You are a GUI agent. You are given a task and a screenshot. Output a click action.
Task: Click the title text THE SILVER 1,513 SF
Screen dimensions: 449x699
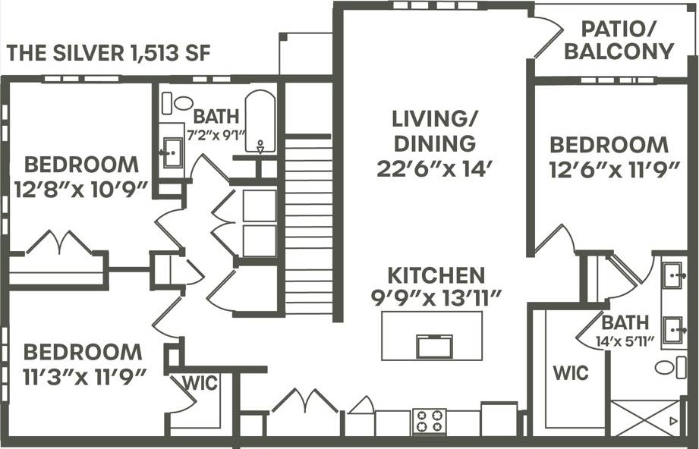[x=109, y=53]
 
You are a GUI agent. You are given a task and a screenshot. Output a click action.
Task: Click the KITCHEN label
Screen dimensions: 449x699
[x=434, y=275]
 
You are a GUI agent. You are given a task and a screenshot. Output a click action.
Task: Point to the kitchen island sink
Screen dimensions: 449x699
[x=434, y=346]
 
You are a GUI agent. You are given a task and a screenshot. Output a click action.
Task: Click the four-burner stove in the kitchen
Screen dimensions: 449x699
[x=429, y=421]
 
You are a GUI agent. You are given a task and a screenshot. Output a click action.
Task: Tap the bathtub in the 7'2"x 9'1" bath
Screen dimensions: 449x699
[x=260, y=121]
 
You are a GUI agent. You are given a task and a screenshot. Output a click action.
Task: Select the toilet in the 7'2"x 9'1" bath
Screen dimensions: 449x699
[x=183, y=102]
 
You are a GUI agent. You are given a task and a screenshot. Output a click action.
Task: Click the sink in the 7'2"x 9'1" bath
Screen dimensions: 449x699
[x=172, y=152]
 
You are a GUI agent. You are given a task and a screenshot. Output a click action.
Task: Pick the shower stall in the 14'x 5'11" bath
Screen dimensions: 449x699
[x=644, y=418]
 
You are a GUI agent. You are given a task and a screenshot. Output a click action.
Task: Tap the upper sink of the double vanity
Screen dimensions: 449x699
[x=672, y=276]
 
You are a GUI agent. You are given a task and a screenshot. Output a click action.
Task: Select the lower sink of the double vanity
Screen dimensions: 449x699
[x=672, y=331]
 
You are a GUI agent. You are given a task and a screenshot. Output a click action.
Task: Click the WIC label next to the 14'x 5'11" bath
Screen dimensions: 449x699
[x=570, y=373]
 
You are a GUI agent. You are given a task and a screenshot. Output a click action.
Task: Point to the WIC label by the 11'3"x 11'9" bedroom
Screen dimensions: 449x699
[x=200, y=383]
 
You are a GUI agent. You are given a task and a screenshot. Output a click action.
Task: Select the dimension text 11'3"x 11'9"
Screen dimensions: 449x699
[x=82, y=375]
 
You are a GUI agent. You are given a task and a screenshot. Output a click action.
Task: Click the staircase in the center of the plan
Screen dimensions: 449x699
[x=308, y=224]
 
